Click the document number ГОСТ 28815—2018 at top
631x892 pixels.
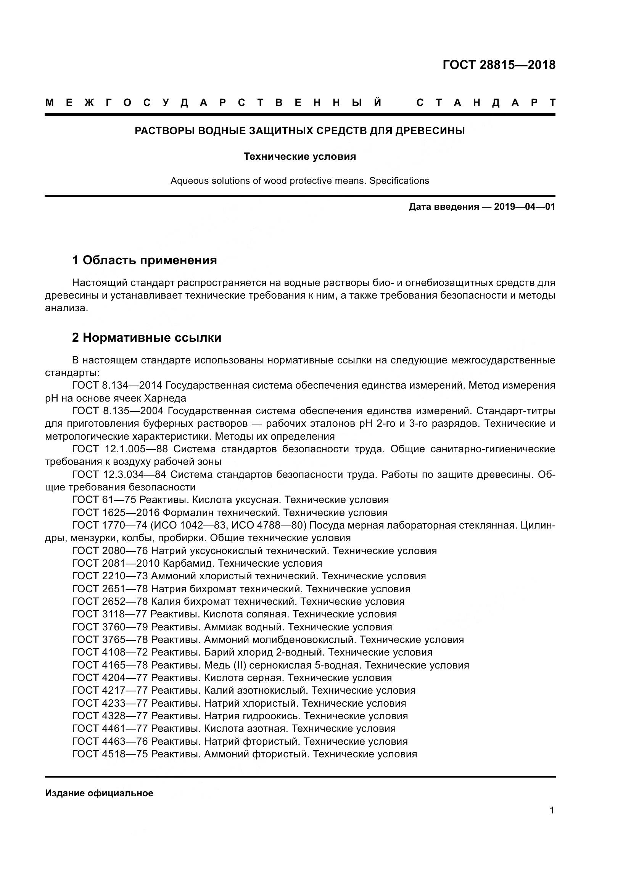click(499, 65)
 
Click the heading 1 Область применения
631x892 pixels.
click(144, 260)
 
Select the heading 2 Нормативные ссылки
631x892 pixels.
click(146, 338)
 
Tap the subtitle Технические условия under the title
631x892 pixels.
click(299, 157)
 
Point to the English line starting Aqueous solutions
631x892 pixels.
click(299, 181)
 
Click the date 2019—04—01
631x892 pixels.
click(525, 207)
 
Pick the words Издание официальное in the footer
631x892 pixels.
click(99, 793)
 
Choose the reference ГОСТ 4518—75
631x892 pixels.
click(110, 754)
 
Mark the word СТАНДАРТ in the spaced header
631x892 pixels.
click(486, 103)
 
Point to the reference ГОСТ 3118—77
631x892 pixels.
click(109, 614)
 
